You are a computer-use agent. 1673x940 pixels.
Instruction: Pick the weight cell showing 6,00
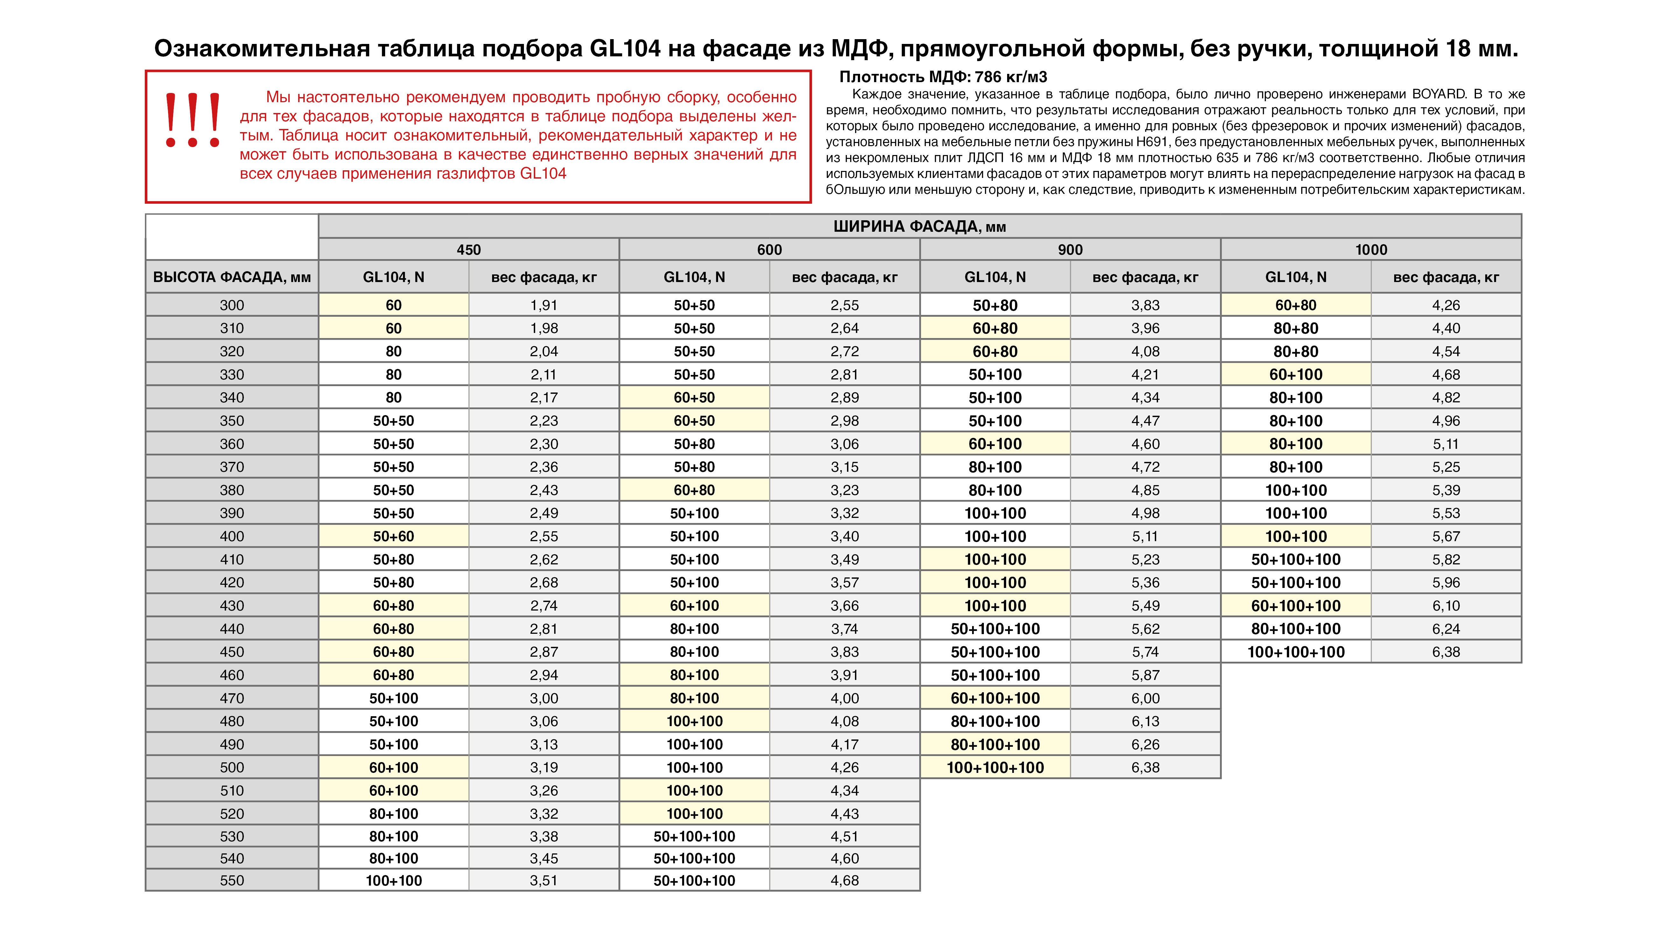pyautogui.click(x=1145, y=698)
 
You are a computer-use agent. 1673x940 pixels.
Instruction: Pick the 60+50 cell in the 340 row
pyautogui.click(x=694, y=398)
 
